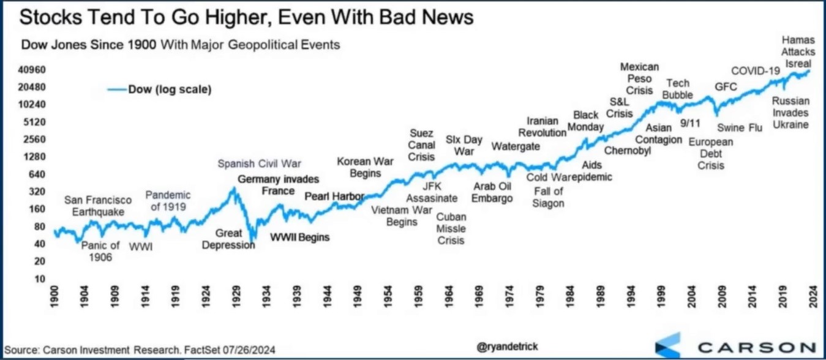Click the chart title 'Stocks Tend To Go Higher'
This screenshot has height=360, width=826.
246,18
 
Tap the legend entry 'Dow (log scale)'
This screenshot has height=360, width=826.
169,90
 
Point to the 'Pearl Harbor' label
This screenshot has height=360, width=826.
334,197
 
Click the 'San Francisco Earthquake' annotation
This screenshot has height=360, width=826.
98,206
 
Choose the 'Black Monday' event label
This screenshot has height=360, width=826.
586,121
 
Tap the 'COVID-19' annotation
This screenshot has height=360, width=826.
756,71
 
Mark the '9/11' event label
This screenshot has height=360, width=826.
690,123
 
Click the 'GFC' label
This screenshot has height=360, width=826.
726,87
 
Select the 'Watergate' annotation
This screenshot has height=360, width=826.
516,146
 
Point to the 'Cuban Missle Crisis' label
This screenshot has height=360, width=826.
451,228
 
